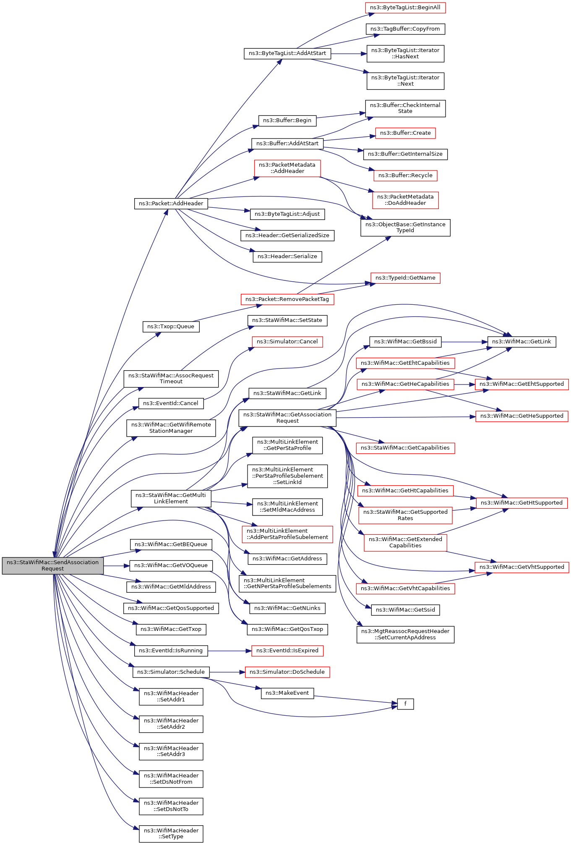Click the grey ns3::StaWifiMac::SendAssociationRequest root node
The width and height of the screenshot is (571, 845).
tap(53, 565)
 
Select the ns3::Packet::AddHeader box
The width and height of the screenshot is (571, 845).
tap(171, 204)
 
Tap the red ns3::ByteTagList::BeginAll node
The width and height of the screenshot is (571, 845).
tap(405, 8)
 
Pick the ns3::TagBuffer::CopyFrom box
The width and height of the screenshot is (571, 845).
tap(405, 29)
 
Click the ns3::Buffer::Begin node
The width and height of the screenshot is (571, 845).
tap(287, 120)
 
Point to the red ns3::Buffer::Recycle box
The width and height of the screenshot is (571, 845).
tap(405, 175)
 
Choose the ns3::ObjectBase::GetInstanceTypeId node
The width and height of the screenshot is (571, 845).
tap(405, 228)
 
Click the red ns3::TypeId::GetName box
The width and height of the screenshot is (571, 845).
tap(405, 278)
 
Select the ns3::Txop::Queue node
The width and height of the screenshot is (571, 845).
tap(171, 327)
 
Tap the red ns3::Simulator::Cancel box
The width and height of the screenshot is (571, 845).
tap(287, 342)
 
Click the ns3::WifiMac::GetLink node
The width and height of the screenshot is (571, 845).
tap(521, 342)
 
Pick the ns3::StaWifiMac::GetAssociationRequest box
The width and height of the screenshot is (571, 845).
tap(287, 418)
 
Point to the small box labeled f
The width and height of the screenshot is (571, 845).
tap(405, 704)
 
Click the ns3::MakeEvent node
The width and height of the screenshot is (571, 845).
tap(287, 693)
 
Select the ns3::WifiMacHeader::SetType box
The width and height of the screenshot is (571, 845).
tap(171, 834)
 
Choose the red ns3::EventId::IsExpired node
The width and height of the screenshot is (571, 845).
tap(287, 651)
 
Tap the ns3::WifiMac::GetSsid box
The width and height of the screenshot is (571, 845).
tap(405, 610)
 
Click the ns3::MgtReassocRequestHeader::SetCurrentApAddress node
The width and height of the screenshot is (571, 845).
tap(405, 634)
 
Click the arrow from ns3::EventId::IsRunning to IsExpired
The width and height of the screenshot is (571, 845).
tap(229, 651)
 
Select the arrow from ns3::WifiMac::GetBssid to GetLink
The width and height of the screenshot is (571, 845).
tap(464, 342)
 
